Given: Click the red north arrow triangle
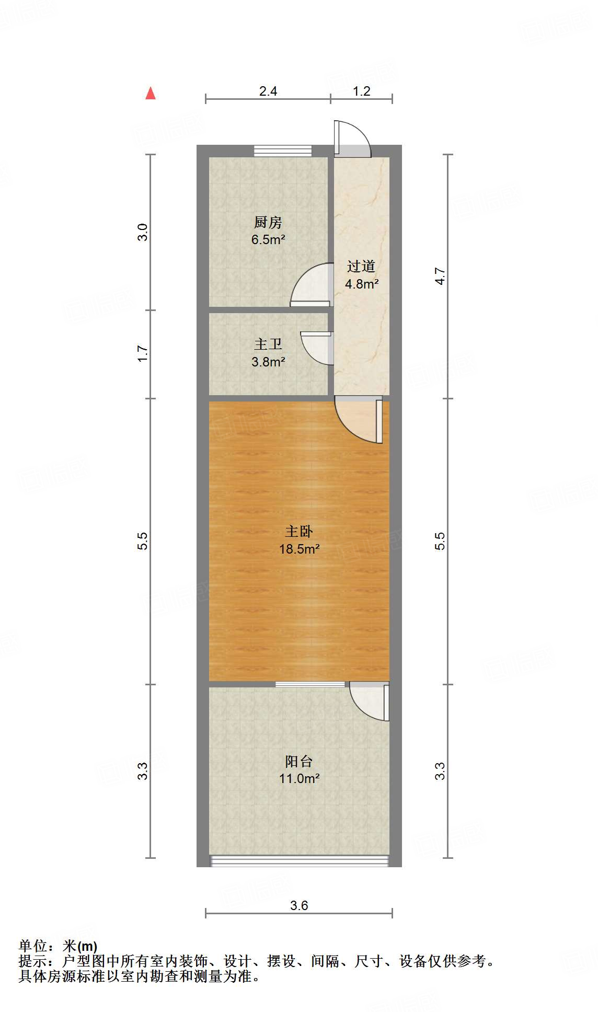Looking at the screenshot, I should tap(151, 93).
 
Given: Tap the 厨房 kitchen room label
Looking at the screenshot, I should tap(268, 223).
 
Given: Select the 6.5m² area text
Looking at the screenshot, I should tap(268, 240).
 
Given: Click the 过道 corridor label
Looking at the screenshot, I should tap(361, 267).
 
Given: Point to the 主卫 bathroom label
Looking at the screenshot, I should tap(268, 344).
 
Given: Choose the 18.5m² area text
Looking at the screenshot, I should tap(299, 549).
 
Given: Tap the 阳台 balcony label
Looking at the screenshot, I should tap(299, 761).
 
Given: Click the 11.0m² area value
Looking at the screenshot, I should tap(299, 778).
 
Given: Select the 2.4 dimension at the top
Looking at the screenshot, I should tap(268, 91).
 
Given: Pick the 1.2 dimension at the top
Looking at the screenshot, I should tap(361, 91).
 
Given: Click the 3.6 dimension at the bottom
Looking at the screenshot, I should tap(299, 905).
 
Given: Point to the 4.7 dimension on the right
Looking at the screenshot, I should tap(440, 276).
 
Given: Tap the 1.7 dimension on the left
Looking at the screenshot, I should tap(143, 353).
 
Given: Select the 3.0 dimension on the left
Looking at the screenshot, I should tap(143, 232).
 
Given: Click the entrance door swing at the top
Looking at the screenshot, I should tap(353, 139).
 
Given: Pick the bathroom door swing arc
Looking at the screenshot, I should tap(317, 348).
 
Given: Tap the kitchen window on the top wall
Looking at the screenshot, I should tap(282, 151).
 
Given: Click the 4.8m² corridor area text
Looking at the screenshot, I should tap(361, 284).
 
